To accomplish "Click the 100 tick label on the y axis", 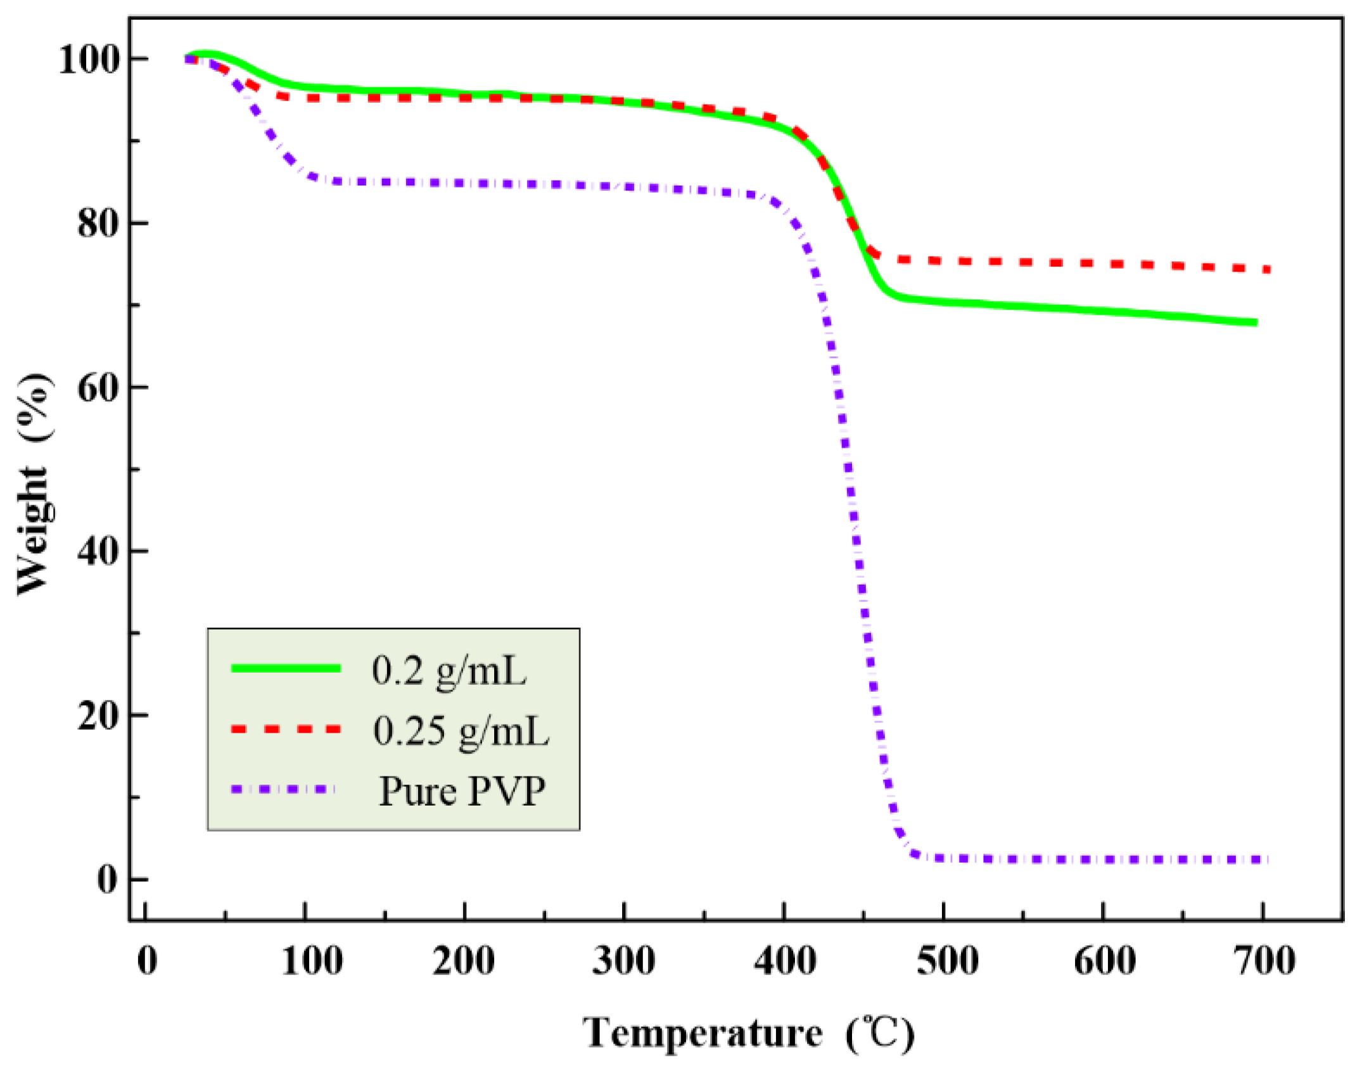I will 89,60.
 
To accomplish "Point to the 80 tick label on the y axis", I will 98,224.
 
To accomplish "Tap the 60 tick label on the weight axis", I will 98,388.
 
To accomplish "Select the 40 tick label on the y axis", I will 98,552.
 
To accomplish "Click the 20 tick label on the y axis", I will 98,716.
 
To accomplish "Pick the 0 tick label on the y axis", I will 108,880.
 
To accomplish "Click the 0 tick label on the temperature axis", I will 147,961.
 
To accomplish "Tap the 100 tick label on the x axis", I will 312,961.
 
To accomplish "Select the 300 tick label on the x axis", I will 623,961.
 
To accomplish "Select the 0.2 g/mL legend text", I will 449,671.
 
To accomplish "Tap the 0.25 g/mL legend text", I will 461,731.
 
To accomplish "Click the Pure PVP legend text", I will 462,791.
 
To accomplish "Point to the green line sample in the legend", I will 286,668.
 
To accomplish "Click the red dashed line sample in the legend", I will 286,729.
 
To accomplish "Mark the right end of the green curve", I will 1255,323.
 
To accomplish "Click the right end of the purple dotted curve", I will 1266,859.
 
